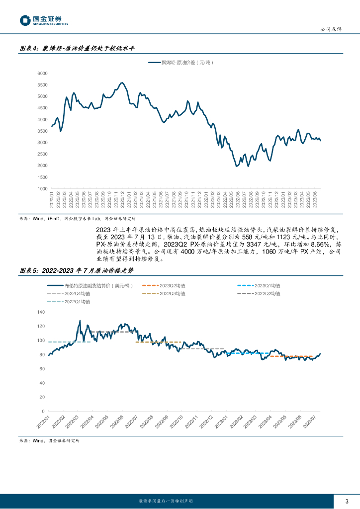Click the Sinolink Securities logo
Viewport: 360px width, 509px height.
44,20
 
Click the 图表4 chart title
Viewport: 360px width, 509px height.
77,49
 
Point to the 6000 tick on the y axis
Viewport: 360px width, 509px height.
42,73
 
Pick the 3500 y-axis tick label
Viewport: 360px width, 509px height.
42,131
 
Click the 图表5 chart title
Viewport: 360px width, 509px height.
77,271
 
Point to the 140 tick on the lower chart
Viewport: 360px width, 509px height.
41,312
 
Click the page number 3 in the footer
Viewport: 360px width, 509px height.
347,501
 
